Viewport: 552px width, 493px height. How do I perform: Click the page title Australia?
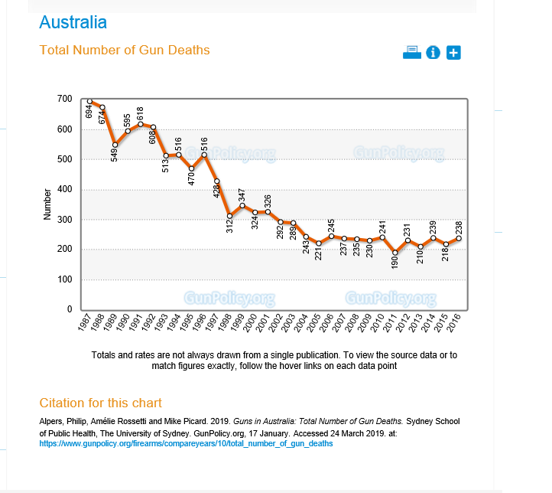click(73, 22)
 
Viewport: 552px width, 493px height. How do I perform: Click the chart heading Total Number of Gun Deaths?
click(124, 51)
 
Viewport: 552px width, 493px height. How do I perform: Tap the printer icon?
click(412, 52)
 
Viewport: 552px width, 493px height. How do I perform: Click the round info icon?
click(433, 52)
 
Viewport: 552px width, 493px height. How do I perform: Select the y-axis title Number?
click(47, 204)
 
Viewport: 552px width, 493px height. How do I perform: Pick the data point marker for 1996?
click(204, 155)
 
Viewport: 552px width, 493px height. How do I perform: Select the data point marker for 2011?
click(395, 253)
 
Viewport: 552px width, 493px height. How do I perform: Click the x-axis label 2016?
click(453, 325)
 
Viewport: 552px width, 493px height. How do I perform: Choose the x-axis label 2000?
click(250, 325)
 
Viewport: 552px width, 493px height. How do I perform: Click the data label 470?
click(191, 175)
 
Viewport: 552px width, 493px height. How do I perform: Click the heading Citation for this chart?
click(100, 403)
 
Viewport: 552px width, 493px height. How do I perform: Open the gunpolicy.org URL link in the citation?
click(186, 443)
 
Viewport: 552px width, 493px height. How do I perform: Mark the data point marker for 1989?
click(115, 145)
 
